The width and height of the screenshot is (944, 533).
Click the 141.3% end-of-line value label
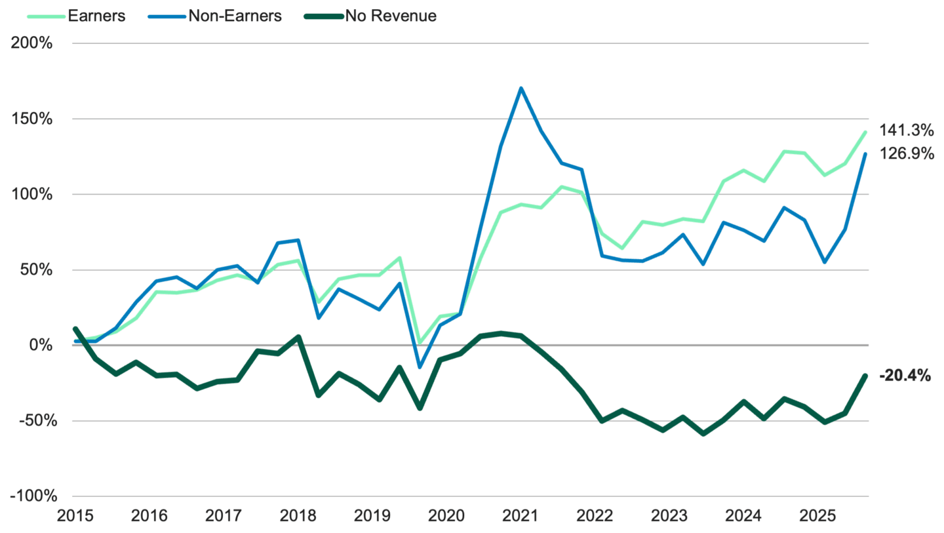907,130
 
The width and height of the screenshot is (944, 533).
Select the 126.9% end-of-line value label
907,155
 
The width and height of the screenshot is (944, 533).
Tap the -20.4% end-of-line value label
905,376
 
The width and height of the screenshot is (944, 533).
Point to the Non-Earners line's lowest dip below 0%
420,368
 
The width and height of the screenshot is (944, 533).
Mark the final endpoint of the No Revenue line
865,375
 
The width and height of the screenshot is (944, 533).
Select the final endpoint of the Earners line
865,132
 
